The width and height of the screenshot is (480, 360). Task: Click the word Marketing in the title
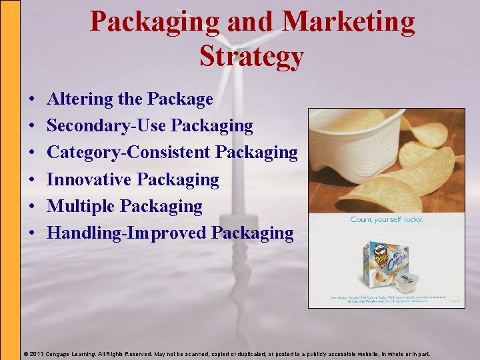click(349, 22)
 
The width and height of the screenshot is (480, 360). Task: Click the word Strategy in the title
click(251, 57)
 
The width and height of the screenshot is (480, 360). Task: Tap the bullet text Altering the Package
click(130, 99)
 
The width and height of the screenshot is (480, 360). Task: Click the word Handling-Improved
click(127, 233)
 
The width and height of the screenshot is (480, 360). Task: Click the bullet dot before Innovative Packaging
click(33, 180)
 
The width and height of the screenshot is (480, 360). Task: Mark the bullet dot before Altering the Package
click(33, 100)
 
